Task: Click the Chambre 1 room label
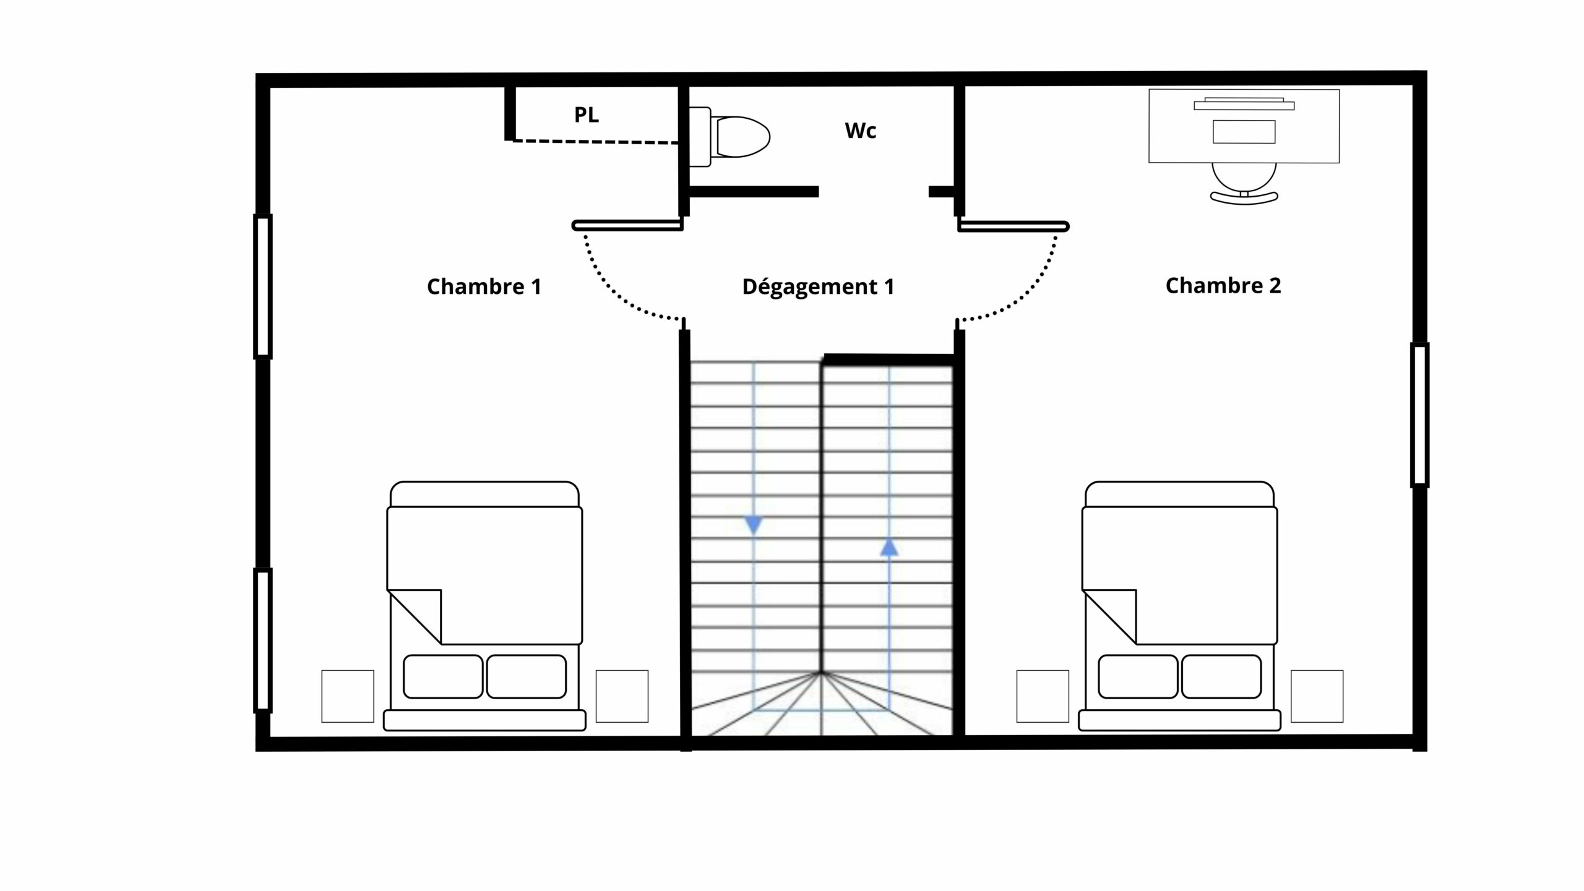point(484,286)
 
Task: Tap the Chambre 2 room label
point(1223,285)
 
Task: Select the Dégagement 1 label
point(818,286)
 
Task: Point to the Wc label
point(861,131)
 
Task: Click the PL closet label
point(587,114)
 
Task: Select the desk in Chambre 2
point(1244,126)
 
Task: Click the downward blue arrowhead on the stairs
point(753,525)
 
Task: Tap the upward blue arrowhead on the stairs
point(889,547)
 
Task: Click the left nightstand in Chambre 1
point(348,696)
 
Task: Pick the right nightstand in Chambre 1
point(622,696)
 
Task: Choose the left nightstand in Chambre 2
point(1043,696)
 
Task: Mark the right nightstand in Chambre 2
point(1317,696)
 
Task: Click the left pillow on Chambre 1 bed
point(443,677)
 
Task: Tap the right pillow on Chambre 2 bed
point(1221,677)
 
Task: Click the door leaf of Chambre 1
point(627,226)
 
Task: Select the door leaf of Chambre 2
point(1014,226)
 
